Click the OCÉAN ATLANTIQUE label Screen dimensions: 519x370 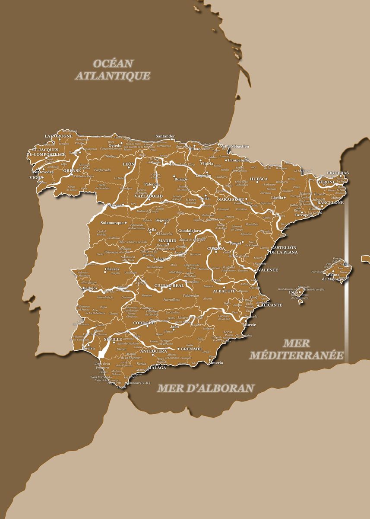(x=113, y=70)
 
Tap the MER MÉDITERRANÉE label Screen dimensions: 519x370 (x=297, y=349)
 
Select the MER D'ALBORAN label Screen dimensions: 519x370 (x=205, y=388)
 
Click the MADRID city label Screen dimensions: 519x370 (x=167, y=240)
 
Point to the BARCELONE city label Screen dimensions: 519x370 (x=330, y=202)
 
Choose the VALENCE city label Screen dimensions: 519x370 (x=268, y=270)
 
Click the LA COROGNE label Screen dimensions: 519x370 (x=59, y=136)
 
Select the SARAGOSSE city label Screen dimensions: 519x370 (x=231, y=199)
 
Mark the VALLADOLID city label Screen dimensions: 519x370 (x=149, y=196)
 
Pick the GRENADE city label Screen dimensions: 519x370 (x=191, y=349)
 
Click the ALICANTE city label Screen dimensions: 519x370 (x=271, y=305)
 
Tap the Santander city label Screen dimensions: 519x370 (x=165, y=136)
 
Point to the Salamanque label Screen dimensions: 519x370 (x=112, y=223)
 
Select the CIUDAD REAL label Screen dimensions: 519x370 (x=169, y=285)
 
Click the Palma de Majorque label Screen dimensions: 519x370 (x=331, y=276)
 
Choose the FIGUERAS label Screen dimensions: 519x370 (x=338, y=173)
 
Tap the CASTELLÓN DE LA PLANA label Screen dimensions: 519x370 (x=284, y=250)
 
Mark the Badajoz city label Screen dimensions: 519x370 (x=90, y=288)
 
